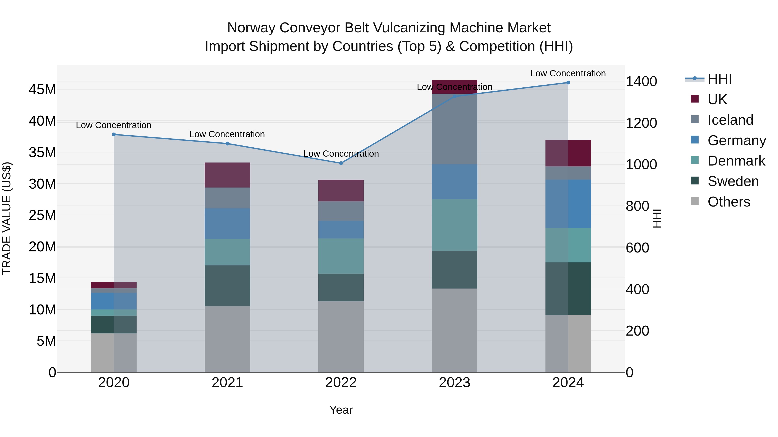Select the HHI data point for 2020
(x=114, y=134)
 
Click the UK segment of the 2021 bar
(x=227, y=175)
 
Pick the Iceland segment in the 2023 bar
(x=454, y=129)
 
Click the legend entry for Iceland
(x=730, y=120)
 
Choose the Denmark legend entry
(x=736, y=161)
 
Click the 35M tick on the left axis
(x=42, y=152)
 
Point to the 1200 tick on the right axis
(x=641, y=123)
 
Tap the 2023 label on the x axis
(x=454, y=383)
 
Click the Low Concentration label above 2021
(x=227, y=134)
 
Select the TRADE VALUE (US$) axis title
(x=7, y=218)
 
